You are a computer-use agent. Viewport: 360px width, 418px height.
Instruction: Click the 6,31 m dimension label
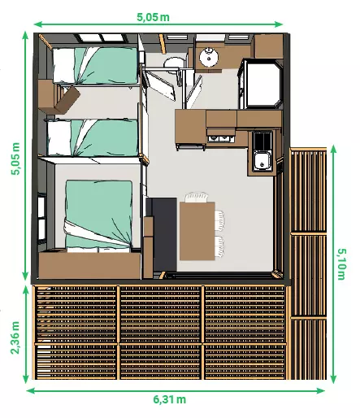pos(170,399)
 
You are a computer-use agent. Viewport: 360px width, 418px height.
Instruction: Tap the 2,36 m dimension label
pos(15,337)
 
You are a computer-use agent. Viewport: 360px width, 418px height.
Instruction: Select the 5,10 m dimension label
pos(341,264)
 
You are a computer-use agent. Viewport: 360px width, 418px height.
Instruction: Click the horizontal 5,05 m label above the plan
pos(153,17)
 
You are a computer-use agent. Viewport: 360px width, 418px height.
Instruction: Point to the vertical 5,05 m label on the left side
pos(15,159)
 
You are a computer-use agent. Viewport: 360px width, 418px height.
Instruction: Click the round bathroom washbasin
pos(209,57)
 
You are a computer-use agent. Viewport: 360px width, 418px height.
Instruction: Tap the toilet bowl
pos(174,63)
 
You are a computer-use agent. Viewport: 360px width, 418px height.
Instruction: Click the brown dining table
pos(197,231)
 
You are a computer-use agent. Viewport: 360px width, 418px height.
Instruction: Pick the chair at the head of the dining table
pos(197,197)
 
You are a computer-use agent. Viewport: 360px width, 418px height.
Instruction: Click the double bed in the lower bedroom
pos(99,216)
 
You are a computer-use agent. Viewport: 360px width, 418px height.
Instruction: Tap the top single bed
pos(95,66)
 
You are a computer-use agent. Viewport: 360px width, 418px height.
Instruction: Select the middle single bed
pos(93,137)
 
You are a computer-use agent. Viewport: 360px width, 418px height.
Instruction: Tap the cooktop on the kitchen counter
pos(220,138)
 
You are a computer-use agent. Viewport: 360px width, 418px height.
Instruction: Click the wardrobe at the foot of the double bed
pos(90,265)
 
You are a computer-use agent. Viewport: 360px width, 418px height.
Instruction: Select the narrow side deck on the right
pos(308,263)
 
